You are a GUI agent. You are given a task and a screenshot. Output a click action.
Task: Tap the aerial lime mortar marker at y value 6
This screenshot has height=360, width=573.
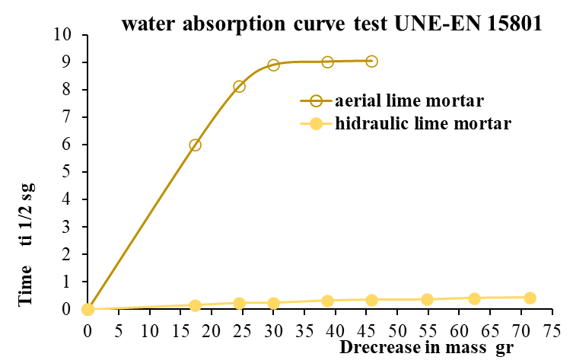pos(195,145)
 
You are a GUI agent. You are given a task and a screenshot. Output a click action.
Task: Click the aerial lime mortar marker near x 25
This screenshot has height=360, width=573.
pos(239,86)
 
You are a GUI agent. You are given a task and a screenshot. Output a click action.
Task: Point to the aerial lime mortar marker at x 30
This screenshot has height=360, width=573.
pos(273,65)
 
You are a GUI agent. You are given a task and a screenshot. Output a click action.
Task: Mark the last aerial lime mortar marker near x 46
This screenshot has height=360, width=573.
pos(371,61)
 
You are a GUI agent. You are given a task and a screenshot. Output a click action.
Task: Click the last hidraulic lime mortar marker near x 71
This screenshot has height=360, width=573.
pos(530,298)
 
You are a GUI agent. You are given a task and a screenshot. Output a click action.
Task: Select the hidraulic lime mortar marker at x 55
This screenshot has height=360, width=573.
pos(427,299)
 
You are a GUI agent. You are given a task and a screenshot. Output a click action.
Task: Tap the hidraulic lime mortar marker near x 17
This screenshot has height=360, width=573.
pos(195,305)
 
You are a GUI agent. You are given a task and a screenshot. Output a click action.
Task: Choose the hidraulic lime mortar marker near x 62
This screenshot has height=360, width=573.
pos(474,298)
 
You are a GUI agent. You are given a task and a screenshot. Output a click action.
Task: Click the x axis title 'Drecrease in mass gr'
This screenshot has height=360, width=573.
pos(426,348)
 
